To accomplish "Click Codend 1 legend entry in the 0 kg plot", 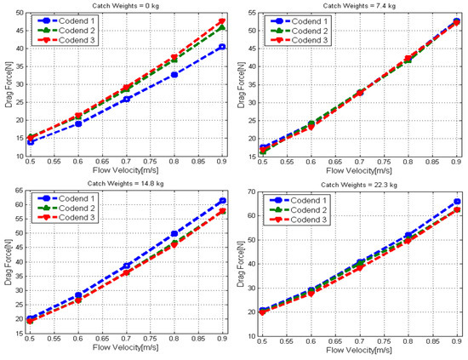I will tap(73, 18).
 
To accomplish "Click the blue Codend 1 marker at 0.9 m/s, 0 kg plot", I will tap(223, 47).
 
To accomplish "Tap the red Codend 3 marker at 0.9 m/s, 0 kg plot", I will tap(223, 21).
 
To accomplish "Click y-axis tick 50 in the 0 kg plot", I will tap(18, 12).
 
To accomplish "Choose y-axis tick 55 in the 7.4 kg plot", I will tap(253, 12).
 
